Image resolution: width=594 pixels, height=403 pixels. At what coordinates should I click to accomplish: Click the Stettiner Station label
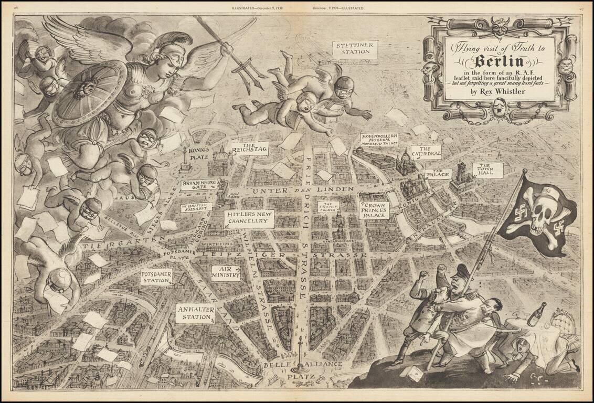pyautogui.click(x=354, y=49)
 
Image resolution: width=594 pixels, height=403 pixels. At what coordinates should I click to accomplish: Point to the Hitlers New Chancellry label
pyautogui.click(x=249, y=218)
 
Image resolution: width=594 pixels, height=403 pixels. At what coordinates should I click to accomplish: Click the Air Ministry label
pyautogui.click(x=226, y=272)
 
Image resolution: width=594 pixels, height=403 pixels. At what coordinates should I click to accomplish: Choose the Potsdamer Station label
pyautogui.click(x=156, y=277)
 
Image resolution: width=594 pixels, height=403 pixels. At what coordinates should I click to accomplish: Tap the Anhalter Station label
pyautogui.click(x=195, y=313)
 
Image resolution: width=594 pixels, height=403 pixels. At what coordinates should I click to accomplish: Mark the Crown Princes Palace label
pyautogui.click(x=374, y=209)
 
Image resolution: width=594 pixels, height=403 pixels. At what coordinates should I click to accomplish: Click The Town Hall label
pyautogui.click(x=487, y=169)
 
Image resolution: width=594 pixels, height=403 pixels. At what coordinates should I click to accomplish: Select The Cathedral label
pyautogui.click(x=426, y=152)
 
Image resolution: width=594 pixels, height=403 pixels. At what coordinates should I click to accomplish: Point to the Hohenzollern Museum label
pyautogui.click(x=379, y=139)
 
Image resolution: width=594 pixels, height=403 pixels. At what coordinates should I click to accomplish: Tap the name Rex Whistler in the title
pyautogui.click(x=503, y=92)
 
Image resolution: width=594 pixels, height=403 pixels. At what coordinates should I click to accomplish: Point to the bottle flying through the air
pyautogui.click(x=536, y=314)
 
